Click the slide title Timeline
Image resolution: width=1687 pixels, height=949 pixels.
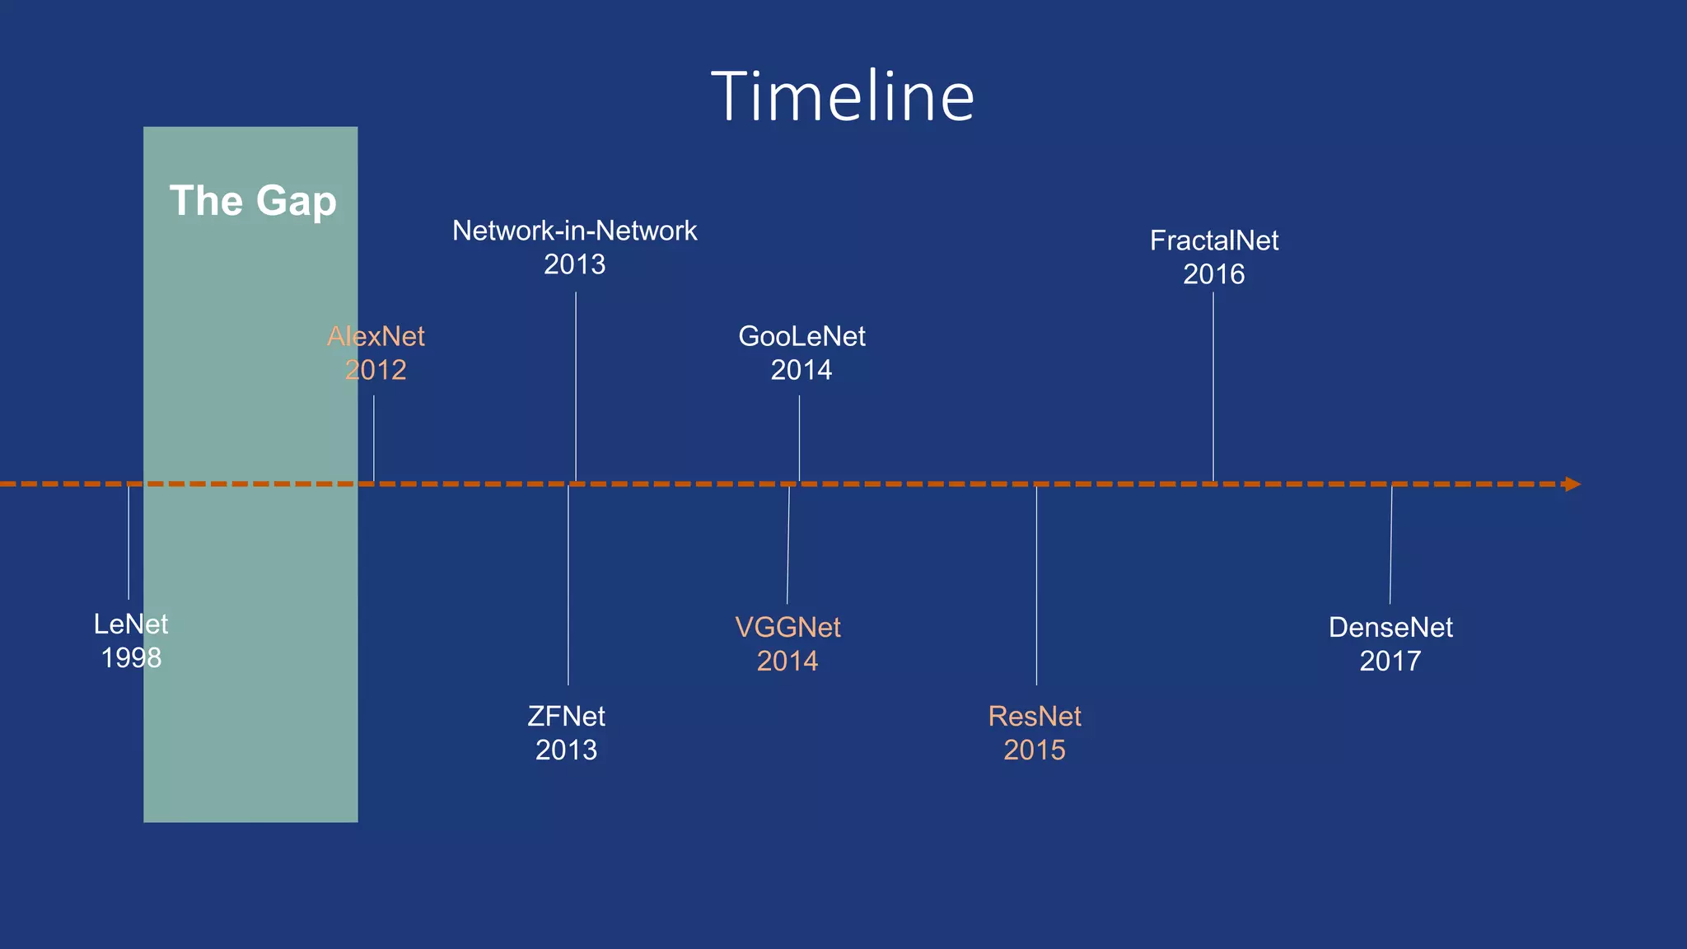[843, 96]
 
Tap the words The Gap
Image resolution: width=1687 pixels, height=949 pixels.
[253, 201]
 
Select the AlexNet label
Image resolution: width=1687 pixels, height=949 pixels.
[376, 336]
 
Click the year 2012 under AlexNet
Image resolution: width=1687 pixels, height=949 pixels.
[376, 370]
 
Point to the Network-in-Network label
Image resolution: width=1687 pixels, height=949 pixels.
[575, 231]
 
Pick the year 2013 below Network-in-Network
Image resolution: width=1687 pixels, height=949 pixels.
[575, 264]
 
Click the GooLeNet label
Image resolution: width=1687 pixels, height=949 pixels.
[801, 336]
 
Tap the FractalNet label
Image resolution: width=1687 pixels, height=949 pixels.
[1214, 241]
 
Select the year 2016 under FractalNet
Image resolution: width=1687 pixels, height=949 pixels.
[1214, 274]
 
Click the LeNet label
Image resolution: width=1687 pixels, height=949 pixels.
[131, 624]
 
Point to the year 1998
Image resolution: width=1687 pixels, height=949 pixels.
[131, 658]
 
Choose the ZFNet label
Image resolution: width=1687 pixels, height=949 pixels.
[567, 717]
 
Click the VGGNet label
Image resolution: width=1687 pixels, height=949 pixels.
[787, 628]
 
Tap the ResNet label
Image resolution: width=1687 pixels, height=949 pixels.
[1035, 717]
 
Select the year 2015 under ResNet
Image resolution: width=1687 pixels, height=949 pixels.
[1035, 750]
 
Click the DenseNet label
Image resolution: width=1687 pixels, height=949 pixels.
[1390, 628]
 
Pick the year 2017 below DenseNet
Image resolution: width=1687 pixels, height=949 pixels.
[1390, 661]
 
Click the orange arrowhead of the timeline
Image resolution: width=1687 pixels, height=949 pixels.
[1573, 484]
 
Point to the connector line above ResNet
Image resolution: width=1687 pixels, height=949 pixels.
[1036, 586]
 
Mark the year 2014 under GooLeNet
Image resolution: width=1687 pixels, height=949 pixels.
[801, 370]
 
